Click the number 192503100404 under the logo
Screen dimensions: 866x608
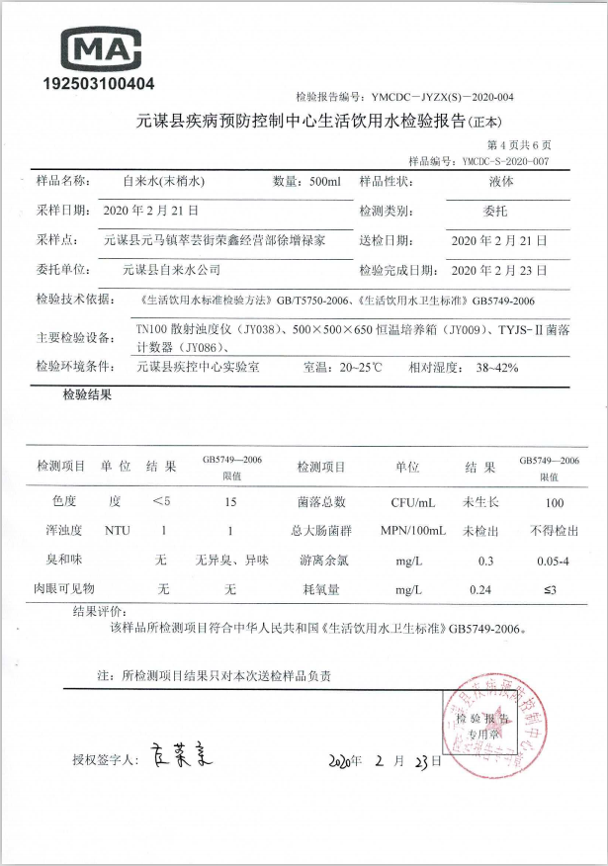[x=99, y=84]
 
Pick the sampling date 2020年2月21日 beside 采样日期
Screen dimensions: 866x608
[x=151, y=211]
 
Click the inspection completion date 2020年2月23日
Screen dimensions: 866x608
[x=499, y=269]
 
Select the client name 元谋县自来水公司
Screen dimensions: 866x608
[x=171, y=269]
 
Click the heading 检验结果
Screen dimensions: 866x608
[x=87, y=395]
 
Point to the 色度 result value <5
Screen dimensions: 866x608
[x=161, y=501]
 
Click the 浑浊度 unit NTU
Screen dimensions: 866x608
[x=118, y=531]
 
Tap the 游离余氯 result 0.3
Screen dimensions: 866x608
[x=485, y=561]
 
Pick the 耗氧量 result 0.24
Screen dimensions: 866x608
[x=483, y=590]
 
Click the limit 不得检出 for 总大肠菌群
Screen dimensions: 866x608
[x=554, y=531]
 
